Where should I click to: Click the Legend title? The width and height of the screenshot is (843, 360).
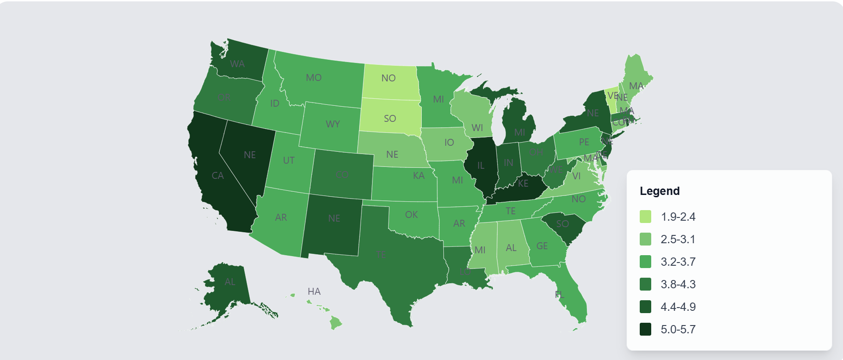click(659, 191)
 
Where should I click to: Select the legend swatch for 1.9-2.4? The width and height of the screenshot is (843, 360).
click(645, 217)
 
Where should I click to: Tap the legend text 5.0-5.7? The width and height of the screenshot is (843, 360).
click(678, 329)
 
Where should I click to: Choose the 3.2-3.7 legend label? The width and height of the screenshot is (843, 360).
click(678, 262)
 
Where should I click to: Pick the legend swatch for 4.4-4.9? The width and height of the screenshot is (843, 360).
click(645, 307)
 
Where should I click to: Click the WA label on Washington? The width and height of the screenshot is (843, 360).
click(237, 64)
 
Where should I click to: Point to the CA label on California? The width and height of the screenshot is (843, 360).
click(218, 176)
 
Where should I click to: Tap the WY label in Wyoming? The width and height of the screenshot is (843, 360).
click(333, 124)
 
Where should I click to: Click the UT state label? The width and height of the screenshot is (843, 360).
click(289, 160)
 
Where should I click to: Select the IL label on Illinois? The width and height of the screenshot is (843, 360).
click(481, 166)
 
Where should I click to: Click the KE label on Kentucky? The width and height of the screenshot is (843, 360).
click(523, 183)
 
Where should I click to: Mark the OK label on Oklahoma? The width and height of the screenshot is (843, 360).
click(411, 215)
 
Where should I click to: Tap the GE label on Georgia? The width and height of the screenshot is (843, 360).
click(542, 246)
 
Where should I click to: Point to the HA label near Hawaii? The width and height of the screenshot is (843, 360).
click(314, 291)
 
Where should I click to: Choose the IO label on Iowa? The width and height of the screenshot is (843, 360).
click(449, 143)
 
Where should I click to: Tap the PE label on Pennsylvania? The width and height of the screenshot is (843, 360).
click(584, 142)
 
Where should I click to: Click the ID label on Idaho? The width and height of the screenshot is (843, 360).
click(275, 103)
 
